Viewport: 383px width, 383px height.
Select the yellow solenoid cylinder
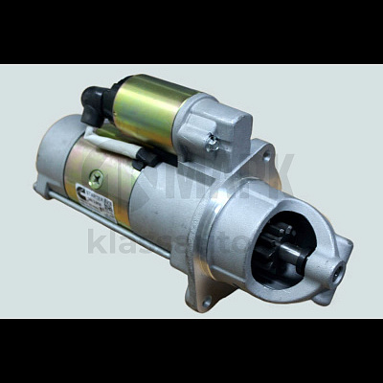(x=154, y=110)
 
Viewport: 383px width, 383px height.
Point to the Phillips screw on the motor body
(x=97, y=176)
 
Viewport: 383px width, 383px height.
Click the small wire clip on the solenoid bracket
(x=212, y=141)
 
